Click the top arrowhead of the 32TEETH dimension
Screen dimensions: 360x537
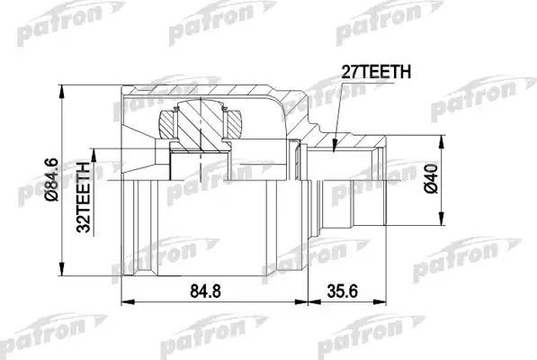(x=96, y=148)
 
